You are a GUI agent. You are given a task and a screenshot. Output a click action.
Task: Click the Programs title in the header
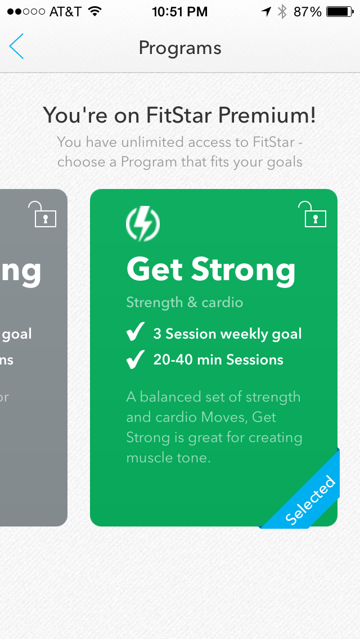(x=180, y=48)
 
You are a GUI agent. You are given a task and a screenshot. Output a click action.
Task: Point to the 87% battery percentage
(x=308, y=12)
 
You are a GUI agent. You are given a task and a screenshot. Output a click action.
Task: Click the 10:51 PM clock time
(x=180, y=12)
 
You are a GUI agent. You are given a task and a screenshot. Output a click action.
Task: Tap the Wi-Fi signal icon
(x=94, y=11)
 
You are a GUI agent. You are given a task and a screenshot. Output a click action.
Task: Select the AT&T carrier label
(x=65, y=12)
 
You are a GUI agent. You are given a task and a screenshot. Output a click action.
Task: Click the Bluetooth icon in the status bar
(x=282, y=12)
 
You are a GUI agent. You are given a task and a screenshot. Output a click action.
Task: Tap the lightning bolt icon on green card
(x=143, y=224)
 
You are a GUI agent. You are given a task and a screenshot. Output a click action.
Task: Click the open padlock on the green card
(x=315, y=215)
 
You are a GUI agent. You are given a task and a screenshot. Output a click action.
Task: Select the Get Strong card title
(x=211, y=269)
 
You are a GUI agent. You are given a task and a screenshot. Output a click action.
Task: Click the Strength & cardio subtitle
(x=184, y=302)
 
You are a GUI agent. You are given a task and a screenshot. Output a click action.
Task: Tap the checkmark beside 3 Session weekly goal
(x=135, y=334)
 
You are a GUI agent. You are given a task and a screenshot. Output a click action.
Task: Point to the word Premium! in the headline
(x=267, y=115)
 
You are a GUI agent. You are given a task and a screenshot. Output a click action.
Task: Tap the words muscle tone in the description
(x=168, y=457)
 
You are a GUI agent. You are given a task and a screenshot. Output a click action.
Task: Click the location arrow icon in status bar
(x=265, y=12)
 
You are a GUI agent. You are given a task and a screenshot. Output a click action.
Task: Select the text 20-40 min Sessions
(x=218, y=360)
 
